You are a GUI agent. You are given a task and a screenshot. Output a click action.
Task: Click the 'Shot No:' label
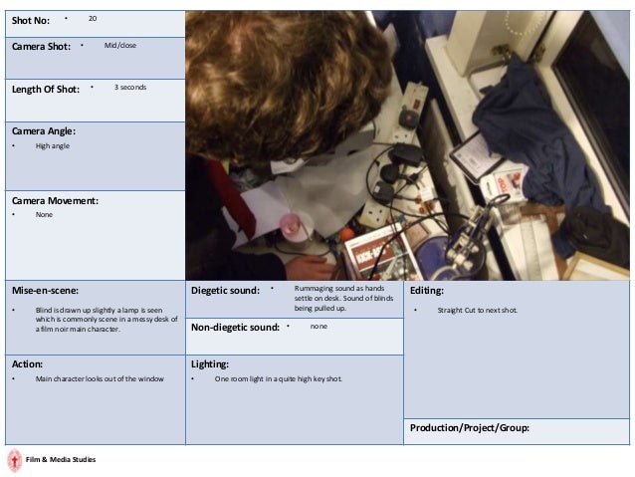pos(31,21)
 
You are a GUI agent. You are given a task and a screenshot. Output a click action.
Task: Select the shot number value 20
pos(93,18)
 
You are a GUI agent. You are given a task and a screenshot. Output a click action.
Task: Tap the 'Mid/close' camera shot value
pos(119,45)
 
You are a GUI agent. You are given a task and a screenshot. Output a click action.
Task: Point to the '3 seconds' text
pos(130,87)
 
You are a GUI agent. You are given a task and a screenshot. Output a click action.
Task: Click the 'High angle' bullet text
pos(52,146)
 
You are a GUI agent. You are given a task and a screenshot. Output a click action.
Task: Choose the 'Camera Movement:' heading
pos(55,201)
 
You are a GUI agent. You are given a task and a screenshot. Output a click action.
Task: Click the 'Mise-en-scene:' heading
pos(45,291)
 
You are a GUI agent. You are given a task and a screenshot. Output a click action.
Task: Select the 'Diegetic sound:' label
pos(225,291)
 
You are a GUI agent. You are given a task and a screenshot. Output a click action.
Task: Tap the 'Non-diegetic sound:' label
pos(235,328)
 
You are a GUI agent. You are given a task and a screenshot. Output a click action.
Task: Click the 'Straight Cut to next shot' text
pos(477,310)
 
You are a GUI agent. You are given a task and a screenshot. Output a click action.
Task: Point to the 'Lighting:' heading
pos(210,364)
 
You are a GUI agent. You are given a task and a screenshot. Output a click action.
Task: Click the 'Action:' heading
pos(27,364)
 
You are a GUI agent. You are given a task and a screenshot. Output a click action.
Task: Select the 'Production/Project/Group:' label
pos(470,428)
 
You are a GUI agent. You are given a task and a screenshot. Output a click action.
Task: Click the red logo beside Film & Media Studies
pos(15,460)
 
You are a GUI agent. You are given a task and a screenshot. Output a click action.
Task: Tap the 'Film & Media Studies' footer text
pos(61,460)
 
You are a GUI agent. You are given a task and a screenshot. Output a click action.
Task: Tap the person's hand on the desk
pos(311,267)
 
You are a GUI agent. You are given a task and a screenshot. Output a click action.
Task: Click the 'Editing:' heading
pos(426,291)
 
